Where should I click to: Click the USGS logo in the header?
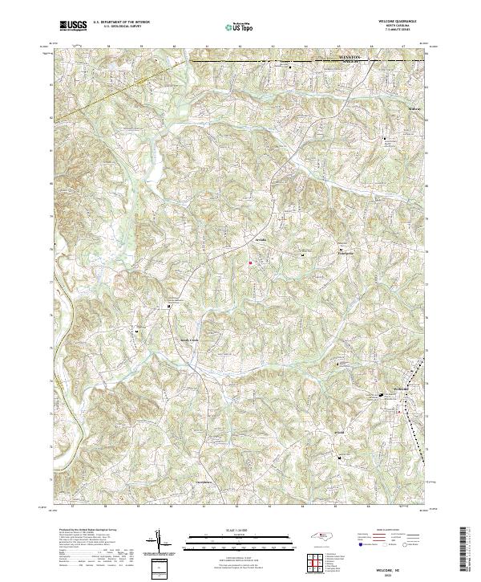pos(74,26)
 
